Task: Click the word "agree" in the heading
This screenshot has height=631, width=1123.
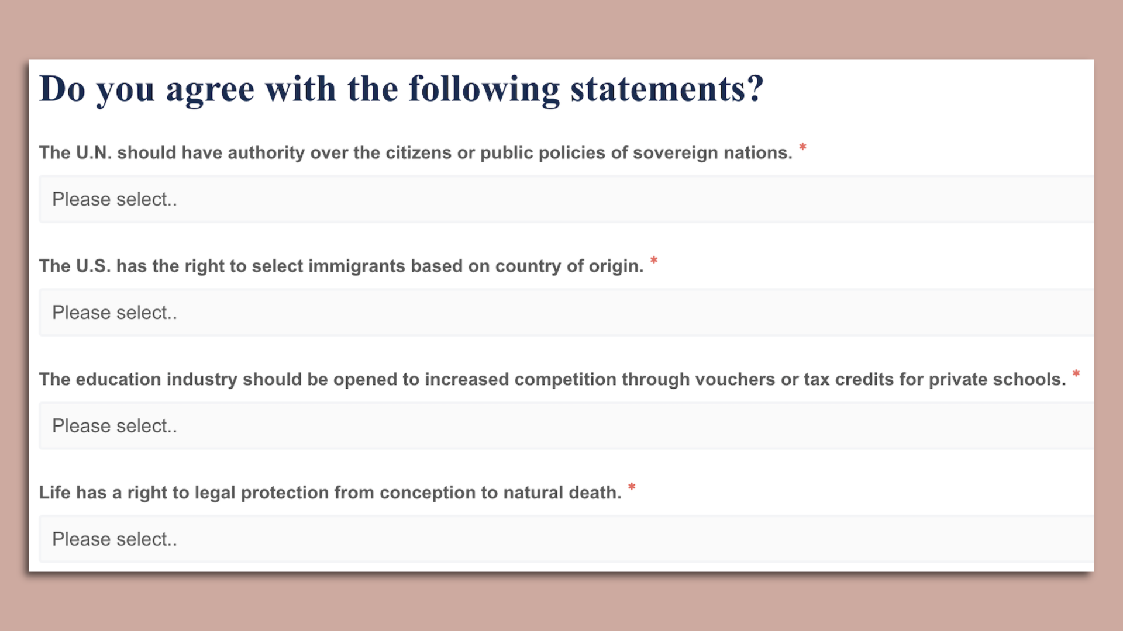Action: click(210, 90)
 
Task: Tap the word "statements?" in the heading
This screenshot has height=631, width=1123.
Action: click(667, 89)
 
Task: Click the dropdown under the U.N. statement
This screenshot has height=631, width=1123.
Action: click(566, 199)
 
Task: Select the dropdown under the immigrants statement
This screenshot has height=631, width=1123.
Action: click(566, 313)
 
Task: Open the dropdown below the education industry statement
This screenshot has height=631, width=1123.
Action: click(566, 426)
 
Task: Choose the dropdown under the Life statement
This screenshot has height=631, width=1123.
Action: click(566, 539)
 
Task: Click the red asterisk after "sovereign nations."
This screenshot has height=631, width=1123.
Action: click(803, 147)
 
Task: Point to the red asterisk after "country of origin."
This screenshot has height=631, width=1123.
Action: click(654, 261)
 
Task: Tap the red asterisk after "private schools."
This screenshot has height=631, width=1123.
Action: click(1076, 374)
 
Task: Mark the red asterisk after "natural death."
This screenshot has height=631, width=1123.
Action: click(632, 487)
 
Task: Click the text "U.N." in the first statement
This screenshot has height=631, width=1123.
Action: click(94, 152)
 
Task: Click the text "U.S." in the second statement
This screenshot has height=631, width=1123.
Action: click(93, 266)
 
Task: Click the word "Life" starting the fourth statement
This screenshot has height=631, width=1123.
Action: click(54, 493)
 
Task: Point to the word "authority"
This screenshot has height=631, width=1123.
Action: click(266, 153)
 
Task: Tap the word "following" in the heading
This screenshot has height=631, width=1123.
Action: click(484, 90)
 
